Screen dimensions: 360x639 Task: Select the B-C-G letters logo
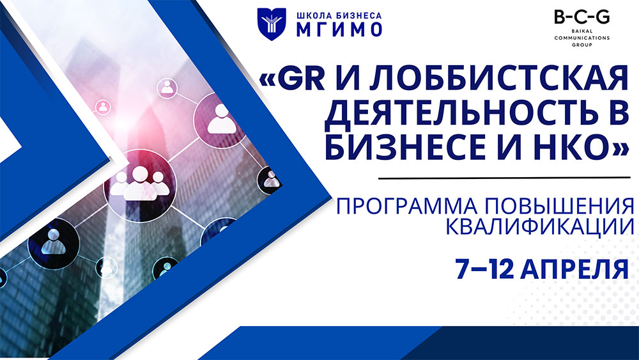coord(581,18)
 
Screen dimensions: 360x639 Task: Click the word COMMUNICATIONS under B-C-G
coord(581,38)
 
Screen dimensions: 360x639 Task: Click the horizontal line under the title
coord(505,176)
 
